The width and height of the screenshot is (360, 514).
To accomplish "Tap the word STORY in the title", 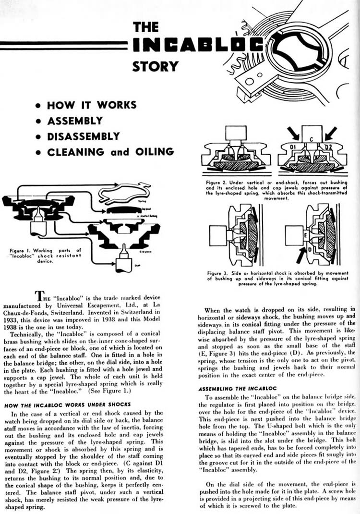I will pyautogui.click(x=156, y=65).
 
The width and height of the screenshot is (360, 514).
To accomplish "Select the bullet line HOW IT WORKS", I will pyautogui.click(x=92, y=105).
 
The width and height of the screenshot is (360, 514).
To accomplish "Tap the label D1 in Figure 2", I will pyautogui.click(x=289, y=145).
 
